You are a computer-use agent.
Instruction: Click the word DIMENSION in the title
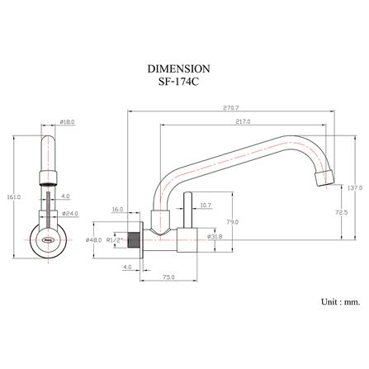click(x=178, y=69)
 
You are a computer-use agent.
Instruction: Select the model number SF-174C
click(x=178, y=83)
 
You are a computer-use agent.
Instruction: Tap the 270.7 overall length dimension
click(x=231, y=108)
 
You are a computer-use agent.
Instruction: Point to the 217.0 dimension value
click(x=243, y=121)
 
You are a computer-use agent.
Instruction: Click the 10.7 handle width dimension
click(x=206, y=205)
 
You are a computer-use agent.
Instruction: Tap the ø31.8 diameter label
click(x=215, y=236)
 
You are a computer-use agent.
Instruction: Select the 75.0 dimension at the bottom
click(x=168, y=277)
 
